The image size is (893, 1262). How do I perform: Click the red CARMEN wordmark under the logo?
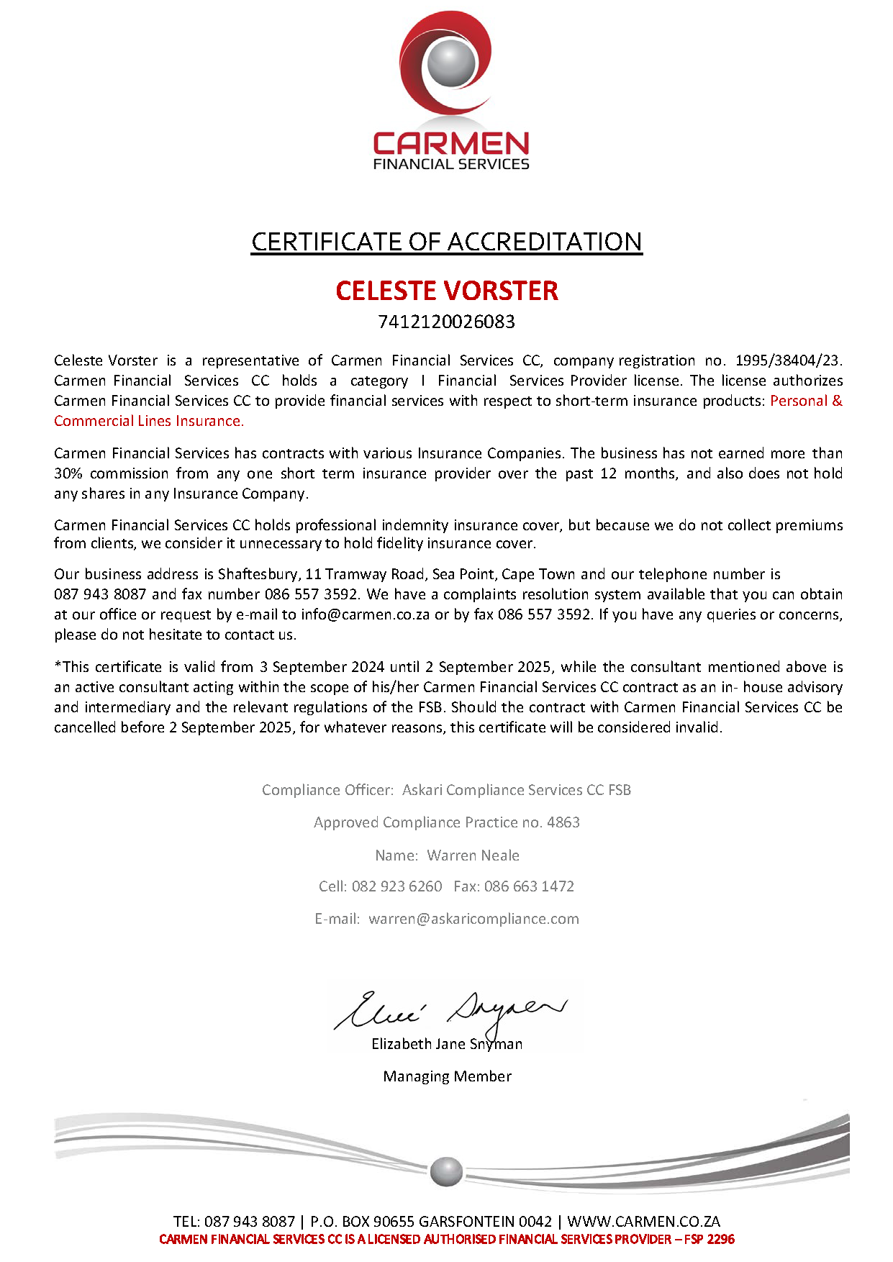pos(451,143)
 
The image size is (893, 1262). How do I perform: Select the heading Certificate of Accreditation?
pos(446,242)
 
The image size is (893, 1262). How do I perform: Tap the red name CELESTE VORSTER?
pos(446,291)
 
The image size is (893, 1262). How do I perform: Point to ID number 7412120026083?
pos(446,322)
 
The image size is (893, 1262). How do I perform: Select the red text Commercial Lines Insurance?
pos(149,421)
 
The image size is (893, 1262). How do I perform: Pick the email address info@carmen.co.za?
pos(365,614)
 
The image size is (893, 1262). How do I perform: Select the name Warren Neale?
pos(473,855)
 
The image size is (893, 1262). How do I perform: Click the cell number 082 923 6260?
pos(396,886)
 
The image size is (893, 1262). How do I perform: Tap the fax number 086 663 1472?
pos(529,886)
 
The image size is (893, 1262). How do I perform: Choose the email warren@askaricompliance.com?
pos(473,919)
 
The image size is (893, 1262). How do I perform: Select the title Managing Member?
pos(447,1076)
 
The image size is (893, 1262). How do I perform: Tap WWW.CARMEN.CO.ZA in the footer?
pos(643,1221)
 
